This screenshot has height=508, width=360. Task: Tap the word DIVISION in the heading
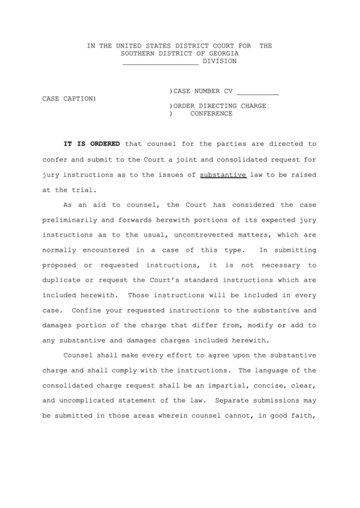[219, 61]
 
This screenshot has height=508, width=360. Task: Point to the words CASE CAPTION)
[69, 99]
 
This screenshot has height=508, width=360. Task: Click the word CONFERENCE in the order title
[211, 114]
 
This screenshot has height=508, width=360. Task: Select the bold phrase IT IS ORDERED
[92, 144]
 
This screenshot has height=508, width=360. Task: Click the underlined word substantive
[223, 175]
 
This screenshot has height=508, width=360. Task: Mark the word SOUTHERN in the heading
[139, 54]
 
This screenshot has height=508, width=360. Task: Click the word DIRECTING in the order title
[221, 106]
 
